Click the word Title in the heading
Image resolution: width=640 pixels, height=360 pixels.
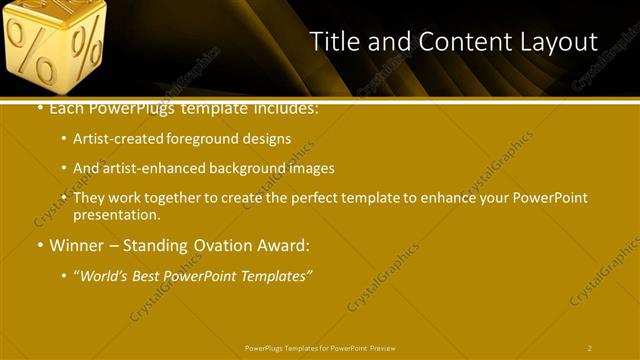coord(334,42)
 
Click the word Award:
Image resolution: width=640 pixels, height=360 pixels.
coord(285,245)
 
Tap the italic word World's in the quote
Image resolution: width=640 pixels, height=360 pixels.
coord(105,275)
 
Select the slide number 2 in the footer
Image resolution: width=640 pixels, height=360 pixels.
coord(590,348)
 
